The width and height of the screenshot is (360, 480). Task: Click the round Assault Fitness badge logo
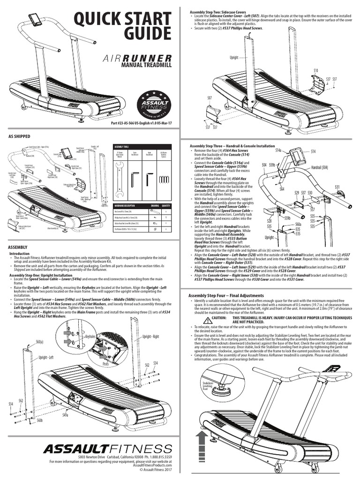click(153, 106)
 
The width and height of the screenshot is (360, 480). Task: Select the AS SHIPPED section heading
click(19, 136)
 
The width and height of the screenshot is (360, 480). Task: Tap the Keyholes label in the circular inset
click(90, 337)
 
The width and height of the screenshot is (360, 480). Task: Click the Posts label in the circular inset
click(106, 363)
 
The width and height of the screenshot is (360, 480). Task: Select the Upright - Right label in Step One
click(151, 337)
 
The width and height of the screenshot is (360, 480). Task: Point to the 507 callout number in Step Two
click(209, 97)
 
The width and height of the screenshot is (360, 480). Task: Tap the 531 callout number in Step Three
click(337, 187)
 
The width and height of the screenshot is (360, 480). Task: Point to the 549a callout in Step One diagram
click(65, 415)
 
